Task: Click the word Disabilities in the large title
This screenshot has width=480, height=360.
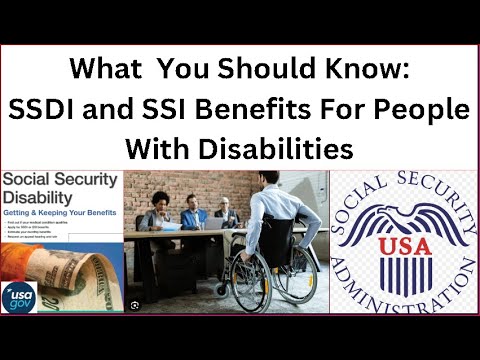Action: coord(283,149)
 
